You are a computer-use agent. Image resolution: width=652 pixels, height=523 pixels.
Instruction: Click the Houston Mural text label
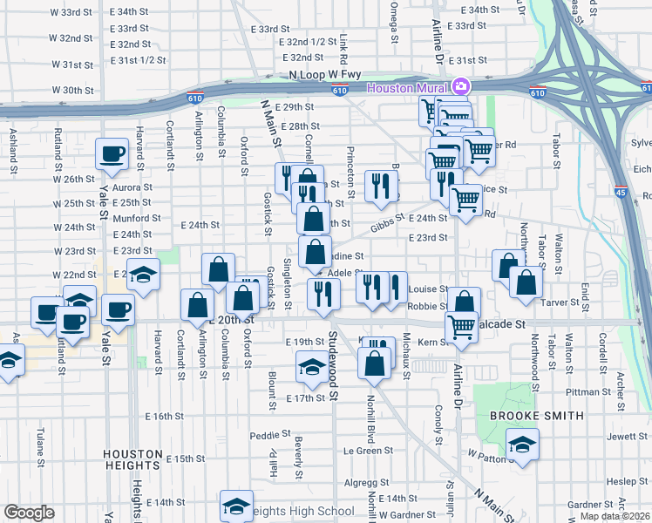tap(407, 87)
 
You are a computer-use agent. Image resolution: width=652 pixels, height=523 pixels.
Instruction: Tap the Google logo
tap(29, 513)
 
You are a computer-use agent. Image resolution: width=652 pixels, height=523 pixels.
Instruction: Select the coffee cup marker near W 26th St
tap(112, 155)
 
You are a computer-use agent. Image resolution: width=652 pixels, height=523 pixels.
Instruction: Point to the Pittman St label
tap(593, 393)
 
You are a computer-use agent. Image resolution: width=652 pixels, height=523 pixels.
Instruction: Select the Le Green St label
tap(368, 451)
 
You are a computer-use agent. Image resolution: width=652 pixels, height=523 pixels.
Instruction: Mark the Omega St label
tap(393, 21)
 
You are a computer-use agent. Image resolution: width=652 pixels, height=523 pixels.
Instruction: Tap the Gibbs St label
tap(388, 224)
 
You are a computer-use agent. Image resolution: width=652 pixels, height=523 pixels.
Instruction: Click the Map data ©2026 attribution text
tap(615, 516)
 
